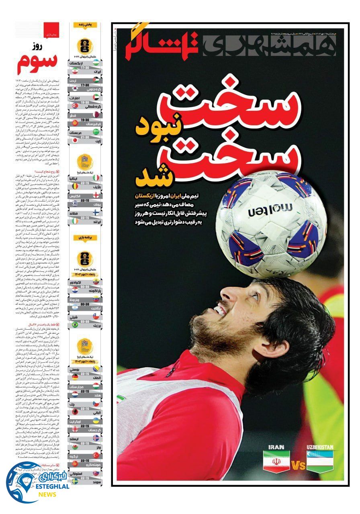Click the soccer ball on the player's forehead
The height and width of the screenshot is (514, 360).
(x=271, y=224)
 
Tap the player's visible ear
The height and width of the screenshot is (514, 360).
(x=276, y=345)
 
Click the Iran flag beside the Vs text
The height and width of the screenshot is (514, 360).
(x=276, y=461)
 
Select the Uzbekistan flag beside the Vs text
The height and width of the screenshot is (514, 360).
(x=320, y=461)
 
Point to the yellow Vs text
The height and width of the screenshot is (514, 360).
(x=298, y=466)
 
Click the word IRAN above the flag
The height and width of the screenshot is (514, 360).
(x=276, y=447)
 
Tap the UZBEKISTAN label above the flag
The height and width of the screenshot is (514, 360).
(x=320, y=447)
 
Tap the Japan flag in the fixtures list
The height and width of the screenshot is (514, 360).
(x=75, y=141)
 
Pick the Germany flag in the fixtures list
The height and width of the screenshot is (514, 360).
(x=75, y=377)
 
